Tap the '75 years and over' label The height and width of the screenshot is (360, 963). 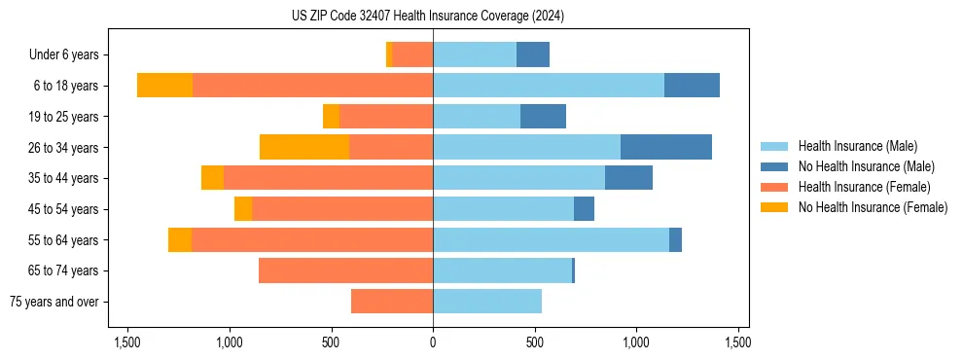pyautogui.click(x=53, y=302)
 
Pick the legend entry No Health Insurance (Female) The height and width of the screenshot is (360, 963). pyautogui.click(x=873, y=207)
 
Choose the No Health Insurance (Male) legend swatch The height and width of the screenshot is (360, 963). pyautogui.click(x=775, y=166)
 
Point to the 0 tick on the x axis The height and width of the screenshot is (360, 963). pyautogui.click(x=433, y=342)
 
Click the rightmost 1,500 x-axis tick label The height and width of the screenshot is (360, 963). pyautogui.click(x=737, y=342)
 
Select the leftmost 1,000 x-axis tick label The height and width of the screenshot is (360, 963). pyautogui.click(x=230, y=342)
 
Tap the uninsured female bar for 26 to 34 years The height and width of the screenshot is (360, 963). pyautogui.click(x=304, y=147)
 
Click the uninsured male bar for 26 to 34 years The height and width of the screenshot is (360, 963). pyautogui.click(x=666, y=147)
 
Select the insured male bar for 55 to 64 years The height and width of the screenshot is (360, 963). pyautogui.click(x=551, y=239)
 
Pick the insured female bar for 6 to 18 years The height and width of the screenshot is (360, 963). pyautogui.click(x=312, y=86)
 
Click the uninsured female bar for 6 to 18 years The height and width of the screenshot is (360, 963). pyautogui.click(x=164, y=86)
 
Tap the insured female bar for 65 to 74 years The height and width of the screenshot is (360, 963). pyautogui.click(x=345, y=270)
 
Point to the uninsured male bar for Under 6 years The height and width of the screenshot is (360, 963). pyautogui.click(x=533, y=54)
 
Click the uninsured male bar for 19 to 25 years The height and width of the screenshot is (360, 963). pyautogui.click(x=543, y=117)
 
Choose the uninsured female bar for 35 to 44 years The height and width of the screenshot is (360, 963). pyautogui.click(x=212, y=178)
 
